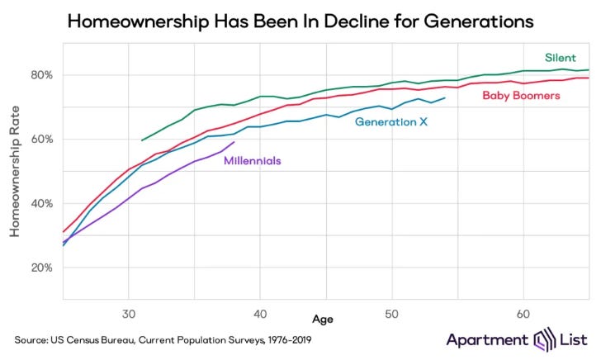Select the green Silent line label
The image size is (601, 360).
559,58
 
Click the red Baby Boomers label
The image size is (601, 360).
521,96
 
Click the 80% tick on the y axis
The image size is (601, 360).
42,75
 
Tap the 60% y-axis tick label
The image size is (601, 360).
42,140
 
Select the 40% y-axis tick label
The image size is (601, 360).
42,204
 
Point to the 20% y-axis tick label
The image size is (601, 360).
42,268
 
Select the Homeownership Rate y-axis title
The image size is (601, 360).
15,172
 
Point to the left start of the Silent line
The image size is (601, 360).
142,140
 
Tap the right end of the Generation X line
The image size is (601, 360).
445,98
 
